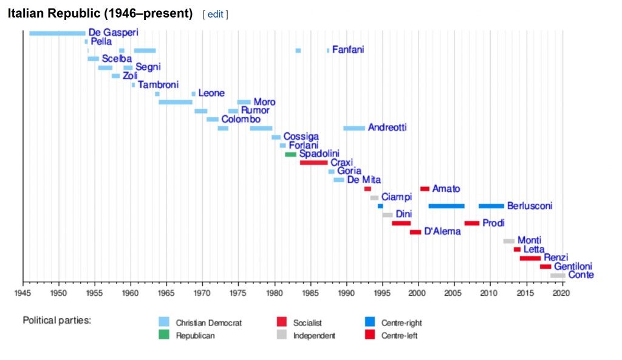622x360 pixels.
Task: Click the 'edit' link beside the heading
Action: coord(216,14)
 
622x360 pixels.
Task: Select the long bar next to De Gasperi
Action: coord(57,33)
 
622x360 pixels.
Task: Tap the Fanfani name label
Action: coord(348,50)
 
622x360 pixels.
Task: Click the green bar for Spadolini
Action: coord(291,154)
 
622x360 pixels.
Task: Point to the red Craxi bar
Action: coord(313,163)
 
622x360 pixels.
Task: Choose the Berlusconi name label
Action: coord(530,206)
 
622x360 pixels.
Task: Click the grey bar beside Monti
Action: coord(508,241)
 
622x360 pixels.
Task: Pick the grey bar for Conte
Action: coord(558,275)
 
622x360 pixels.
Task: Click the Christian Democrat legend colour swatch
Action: coord(163,322)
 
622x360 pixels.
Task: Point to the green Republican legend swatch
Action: coord(163,335)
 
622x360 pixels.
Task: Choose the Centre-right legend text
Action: coord(402,323)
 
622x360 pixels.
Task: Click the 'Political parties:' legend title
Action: coord(57,320)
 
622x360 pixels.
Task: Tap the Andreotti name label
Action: coord(387,128)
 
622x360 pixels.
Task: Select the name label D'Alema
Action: coord(442,232)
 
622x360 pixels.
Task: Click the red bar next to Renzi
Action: coord(530,258)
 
